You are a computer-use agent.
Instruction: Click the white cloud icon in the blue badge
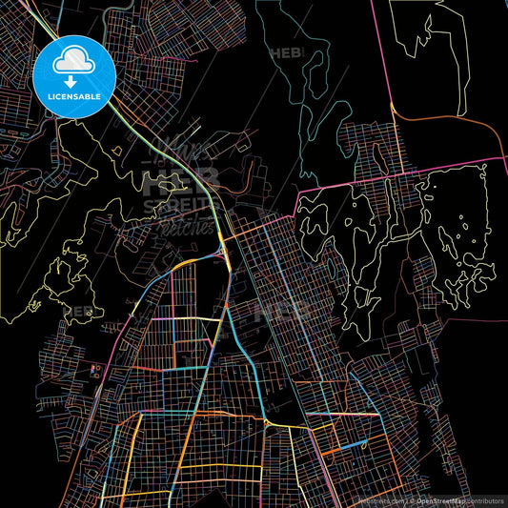[74, 63]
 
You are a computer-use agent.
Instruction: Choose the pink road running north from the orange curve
[393, 52]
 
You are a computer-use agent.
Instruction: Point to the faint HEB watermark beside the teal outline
[285, 53]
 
